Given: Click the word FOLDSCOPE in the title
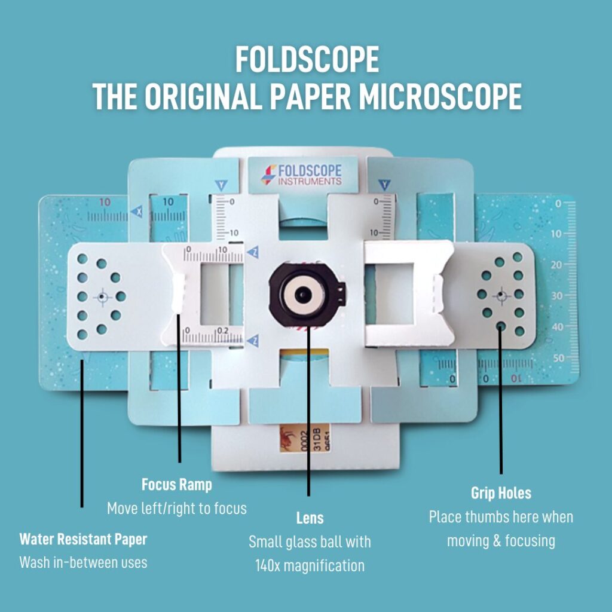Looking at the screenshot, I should [307, 60].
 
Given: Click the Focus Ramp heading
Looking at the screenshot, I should [176, 484].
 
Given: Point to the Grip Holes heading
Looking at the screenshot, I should [501, 494].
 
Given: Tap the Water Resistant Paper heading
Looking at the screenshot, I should [83, 539].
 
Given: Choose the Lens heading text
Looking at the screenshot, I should [310, 518].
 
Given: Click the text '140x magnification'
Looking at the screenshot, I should [310, 565].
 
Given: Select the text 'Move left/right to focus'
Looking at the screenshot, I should [176, 509].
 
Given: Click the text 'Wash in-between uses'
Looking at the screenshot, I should [83, 562].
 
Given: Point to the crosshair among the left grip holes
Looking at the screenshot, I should [102, 296].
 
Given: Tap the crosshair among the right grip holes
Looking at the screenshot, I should [501, 295].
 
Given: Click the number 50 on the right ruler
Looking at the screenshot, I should [558, 358].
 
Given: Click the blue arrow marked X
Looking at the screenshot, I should [138, 212].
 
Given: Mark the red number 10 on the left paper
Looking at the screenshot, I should [105, 203].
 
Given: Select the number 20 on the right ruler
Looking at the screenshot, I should [557, 265].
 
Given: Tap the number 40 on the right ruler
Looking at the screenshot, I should [557, 327].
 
